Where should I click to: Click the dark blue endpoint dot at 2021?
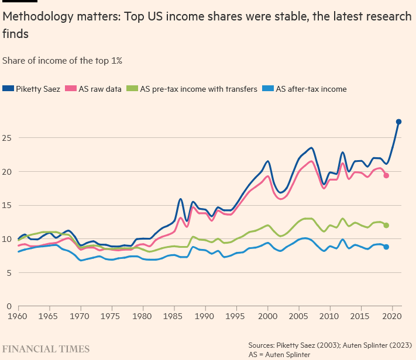(398, 122)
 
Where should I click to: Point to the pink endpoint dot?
(386, 175)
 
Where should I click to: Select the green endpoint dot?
(386, 226)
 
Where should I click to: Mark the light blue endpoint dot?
(386, 247)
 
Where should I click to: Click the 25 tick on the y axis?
(7, 138)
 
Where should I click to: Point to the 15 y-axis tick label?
(7, 205)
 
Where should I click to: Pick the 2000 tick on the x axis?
(268, 316)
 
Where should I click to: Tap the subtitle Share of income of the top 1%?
(62, 60)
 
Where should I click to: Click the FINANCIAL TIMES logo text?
(46, 349)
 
